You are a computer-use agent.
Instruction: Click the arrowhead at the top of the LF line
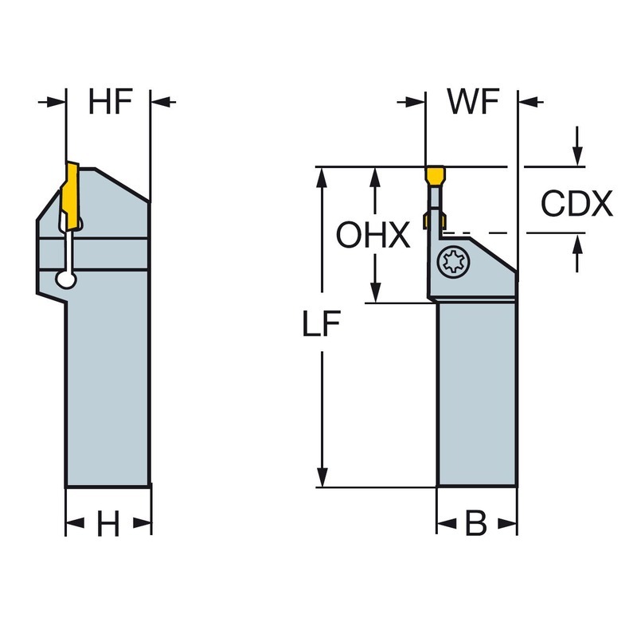tap(322, 177)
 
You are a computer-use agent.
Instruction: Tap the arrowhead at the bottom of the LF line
tap(322, 477)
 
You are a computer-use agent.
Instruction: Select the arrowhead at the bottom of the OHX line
tap(373, 293)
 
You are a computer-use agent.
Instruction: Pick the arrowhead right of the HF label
tap(161, 102)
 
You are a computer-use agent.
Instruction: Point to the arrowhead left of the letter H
tap(75, 524)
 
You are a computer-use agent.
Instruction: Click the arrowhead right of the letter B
tap(508, 524)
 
